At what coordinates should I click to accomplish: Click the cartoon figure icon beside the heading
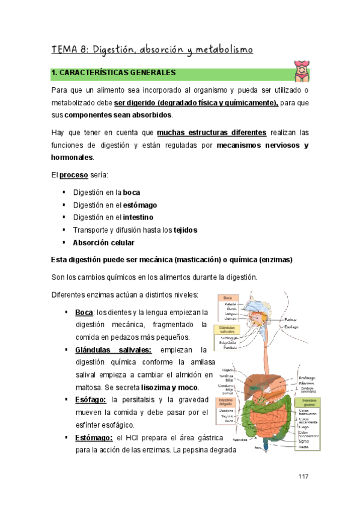301,71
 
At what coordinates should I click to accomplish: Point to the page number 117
303,476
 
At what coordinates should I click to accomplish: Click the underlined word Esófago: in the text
91,399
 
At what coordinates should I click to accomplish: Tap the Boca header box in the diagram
227,298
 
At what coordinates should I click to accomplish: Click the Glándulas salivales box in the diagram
228,331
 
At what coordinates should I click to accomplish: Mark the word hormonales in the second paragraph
72,158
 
